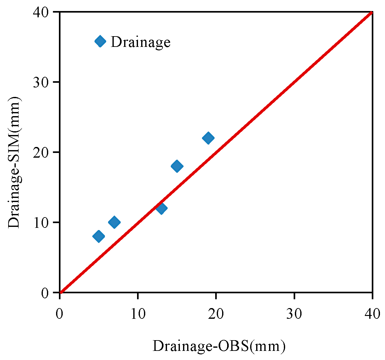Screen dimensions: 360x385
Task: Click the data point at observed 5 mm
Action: tap(99, 236)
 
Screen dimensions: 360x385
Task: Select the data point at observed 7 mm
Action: tap(114, 222)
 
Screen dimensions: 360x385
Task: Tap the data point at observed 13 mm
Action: tap(161, 208)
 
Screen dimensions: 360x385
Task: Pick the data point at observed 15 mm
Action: tap(177, 166)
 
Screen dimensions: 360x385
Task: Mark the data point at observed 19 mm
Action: tap(208, 138)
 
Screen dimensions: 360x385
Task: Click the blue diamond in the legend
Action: tap(100, 41)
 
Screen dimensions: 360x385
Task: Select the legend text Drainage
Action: tap(141, 42)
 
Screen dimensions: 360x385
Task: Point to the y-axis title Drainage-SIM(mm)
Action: tap(14, 162)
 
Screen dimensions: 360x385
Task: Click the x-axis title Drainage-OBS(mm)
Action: tap(219, 346)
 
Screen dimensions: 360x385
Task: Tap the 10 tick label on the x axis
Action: tap(138, 314)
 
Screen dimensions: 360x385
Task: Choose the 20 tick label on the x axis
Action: tap(216, 314)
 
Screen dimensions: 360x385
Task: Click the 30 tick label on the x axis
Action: tap(294, 314)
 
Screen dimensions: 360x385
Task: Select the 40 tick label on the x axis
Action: tap(372, 314)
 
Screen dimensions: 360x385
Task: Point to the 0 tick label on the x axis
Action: tap(60, 314)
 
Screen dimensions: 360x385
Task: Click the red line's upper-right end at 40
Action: tap(371, 13)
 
